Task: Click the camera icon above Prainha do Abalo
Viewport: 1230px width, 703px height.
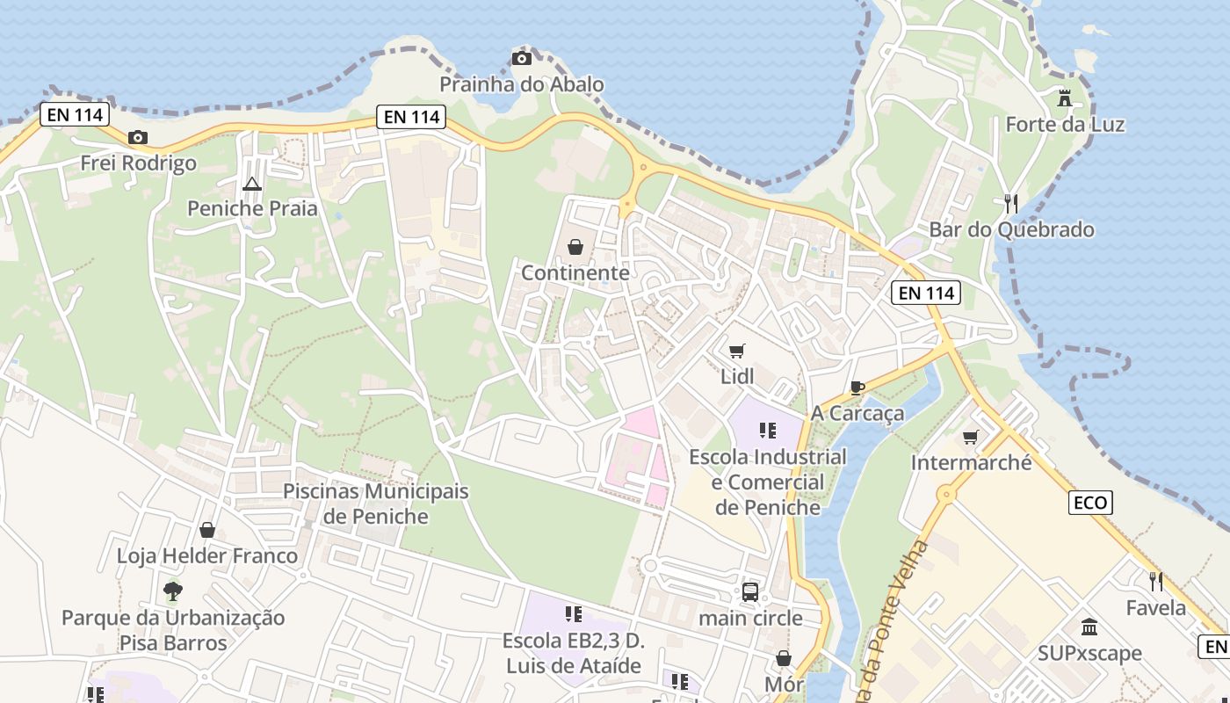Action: tap(522, 59)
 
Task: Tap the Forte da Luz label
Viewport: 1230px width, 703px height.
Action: tap(1065, 124)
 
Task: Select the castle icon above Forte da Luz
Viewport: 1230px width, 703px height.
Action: tap(1065, 98)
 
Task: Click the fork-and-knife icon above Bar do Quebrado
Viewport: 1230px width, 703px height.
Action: tap(1011, 204)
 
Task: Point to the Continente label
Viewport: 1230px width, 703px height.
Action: tap(575, 272)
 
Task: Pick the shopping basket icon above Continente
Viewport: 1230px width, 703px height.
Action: tap(575, 247)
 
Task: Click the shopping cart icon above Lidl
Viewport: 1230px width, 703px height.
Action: tap(737, 351)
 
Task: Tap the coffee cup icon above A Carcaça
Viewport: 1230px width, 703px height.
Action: tap(857, 388)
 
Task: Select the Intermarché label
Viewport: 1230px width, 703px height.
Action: tap(971, 462)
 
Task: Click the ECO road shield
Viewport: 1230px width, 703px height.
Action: tap(1091, 503)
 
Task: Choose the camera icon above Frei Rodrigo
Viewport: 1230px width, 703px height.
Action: tap(138, 137)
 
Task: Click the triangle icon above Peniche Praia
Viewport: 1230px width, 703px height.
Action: tap(252, 184)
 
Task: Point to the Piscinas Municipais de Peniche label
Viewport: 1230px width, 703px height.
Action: tap(376, 504)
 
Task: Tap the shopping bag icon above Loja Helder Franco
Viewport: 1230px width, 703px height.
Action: tap(207, 530)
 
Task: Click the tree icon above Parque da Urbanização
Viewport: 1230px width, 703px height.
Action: tap(173, 591)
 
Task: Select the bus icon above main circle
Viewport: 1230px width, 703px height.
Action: tap(750, 592)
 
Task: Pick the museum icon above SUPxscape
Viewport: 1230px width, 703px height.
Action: tap(1089, 627)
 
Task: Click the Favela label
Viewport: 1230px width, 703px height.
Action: tap(1156, 607)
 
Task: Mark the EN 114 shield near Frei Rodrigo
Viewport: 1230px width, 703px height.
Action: tap(74, 114)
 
